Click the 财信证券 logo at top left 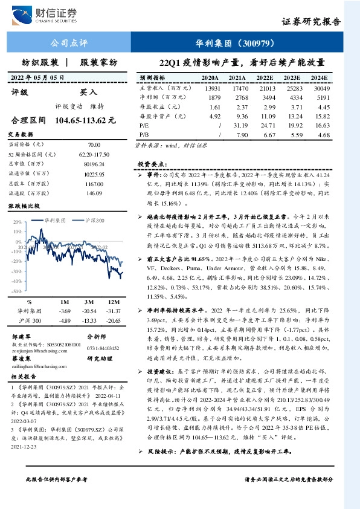click(x=49, y=13)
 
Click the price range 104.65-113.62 click(x=89, y=120)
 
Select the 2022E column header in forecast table click(x=265, y=79)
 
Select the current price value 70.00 click(x=94, y=145)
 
